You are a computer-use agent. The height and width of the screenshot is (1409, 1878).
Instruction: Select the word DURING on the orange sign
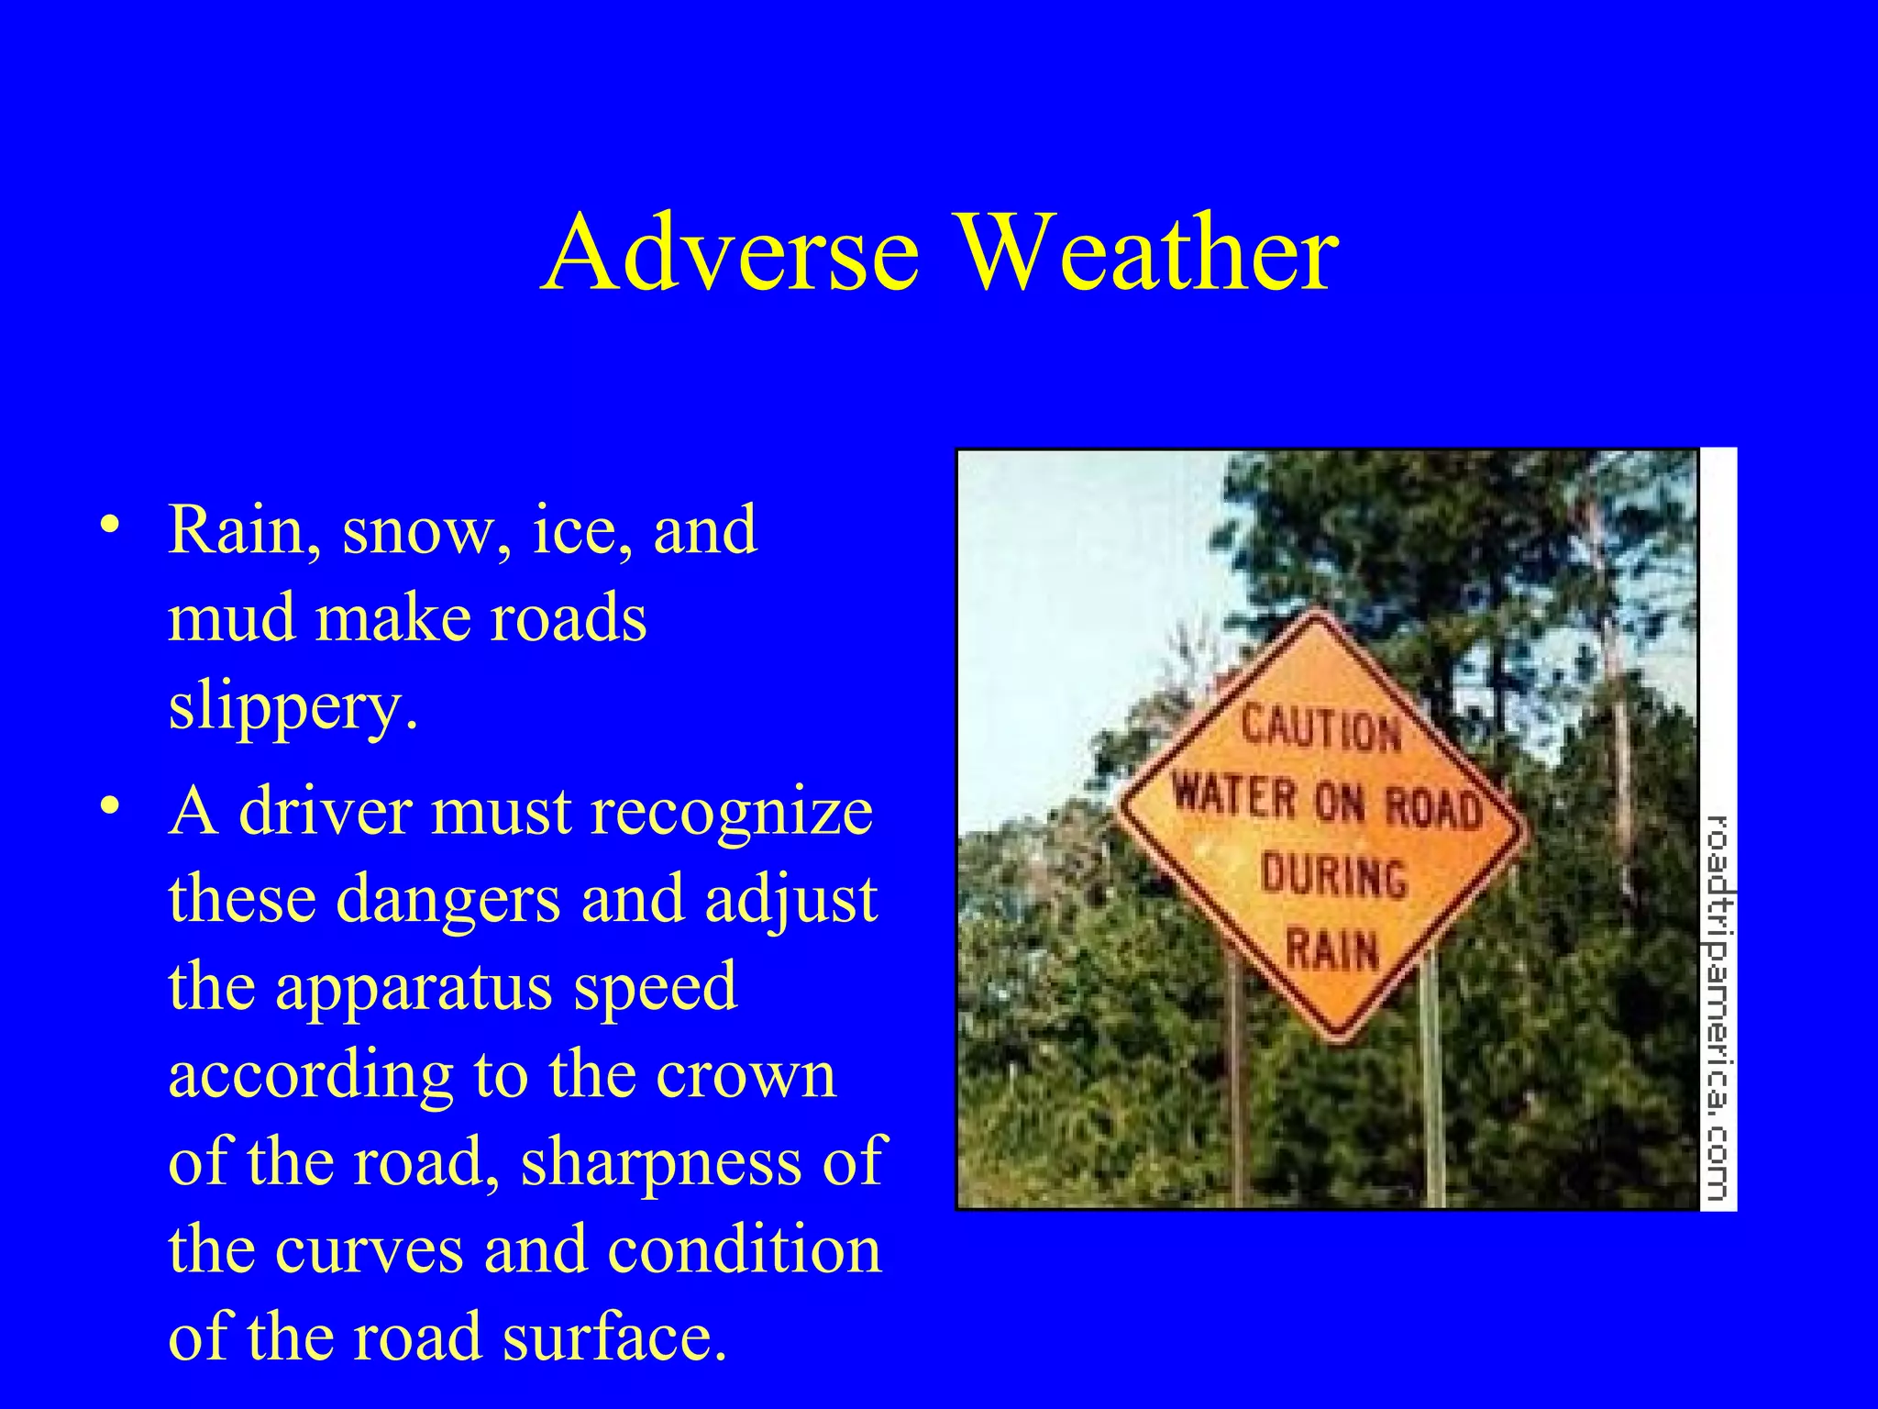click(1333, 875)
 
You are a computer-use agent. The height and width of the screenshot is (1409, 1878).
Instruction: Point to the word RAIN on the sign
click(1332, 949)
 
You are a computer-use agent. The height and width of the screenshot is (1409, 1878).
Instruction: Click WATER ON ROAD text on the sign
click(1327, 801)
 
